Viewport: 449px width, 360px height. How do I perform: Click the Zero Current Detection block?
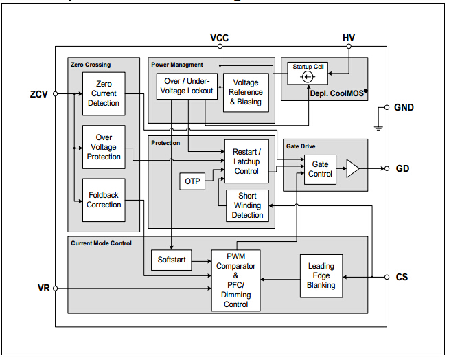coord(103,93)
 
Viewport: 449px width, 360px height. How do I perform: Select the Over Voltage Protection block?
coord(103,147)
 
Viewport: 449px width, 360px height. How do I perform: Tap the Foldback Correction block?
coord(104,200)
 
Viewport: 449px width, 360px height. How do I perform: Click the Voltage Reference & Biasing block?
coord(246,92)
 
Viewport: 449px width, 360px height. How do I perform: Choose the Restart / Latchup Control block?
coord(246,161)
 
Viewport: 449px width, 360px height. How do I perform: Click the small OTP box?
coord(192,181)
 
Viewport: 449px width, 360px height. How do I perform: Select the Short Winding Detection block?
coord(247,205)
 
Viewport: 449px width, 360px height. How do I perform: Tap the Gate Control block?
coord(320,169)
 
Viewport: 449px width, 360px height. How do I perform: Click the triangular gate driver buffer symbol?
coord(352,169)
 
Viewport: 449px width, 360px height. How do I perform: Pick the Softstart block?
coord(172,260)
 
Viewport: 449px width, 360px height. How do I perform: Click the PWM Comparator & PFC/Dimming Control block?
coord(235,280)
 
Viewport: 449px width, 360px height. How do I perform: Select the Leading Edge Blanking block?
coord(321,275)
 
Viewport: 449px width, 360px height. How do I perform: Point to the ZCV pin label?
coord(39,94)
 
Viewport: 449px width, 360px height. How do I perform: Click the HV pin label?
coord(349,38)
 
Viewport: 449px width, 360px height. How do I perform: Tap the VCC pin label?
coord(219,38)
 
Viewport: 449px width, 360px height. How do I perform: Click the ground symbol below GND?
coord(378,126)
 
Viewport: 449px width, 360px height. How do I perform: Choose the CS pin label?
coord(402,277)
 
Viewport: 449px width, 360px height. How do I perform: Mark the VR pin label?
coord(43,288)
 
